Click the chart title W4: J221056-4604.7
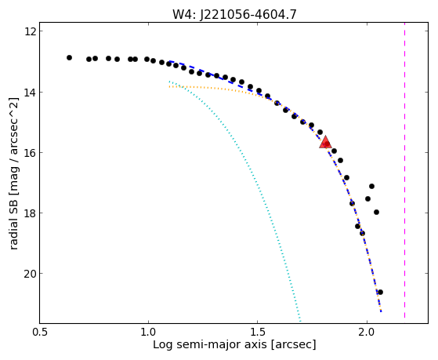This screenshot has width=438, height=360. pos(234,14)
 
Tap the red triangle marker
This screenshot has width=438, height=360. pos(325,143)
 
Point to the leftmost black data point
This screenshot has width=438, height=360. pos(69,57)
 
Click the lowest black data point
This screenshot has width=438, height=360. pos(380,292)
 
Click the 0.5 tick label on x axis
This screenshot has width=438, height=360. pos(41,332)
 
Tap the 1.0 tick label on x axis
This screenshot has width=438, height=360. pos(148,332)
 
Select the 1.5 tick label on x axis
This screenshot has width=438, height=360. pos(257,332)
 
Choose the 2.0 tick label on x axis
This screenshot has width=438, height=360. pos(367,332)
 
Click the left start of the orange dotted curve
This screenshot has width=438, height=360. pos(169,87)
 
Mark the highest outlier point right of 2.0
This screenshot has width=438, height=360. pos(371,186)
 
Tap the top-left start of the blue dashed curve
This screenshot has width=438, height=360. pos(170,61)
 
